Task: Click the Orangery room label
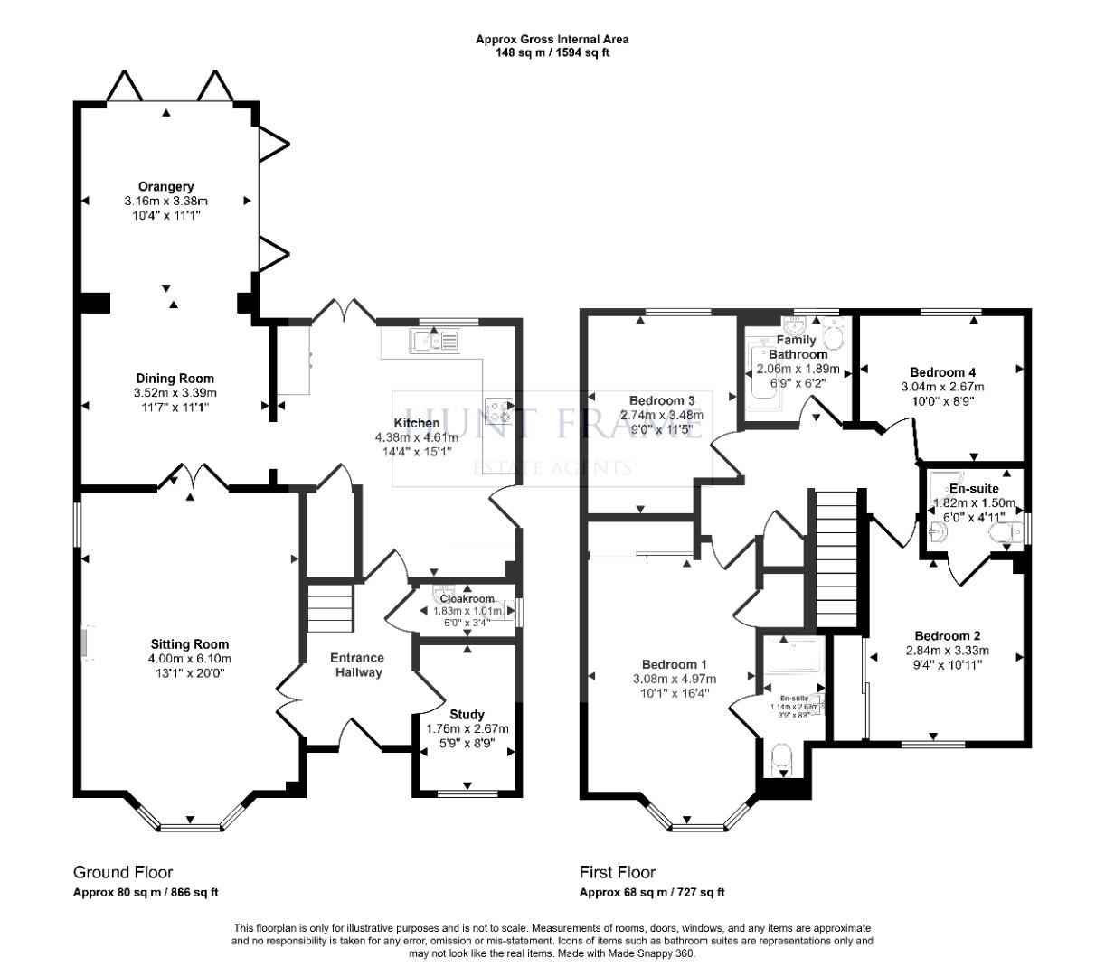(166, 187)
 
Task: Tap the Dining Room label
(175, 379)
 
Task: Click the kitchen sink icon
(434, 341)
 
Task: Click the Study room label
(467, 714)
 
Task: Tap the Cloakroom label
(467, 598)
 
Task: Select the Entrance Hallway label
(356, 664)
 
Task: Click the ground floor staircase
(328, 608)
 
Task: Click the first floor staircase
(836, 559)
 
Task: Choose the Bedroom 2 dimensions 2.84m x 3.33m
(947, 650)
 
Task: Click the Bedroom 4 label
(942, 372)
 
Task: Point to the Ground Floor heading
(123, 872)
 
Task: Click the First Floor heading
(618, 872)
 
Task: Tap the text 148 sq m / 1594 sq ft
(552, 52)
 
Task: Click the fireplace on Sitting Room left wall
(83, 643)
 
